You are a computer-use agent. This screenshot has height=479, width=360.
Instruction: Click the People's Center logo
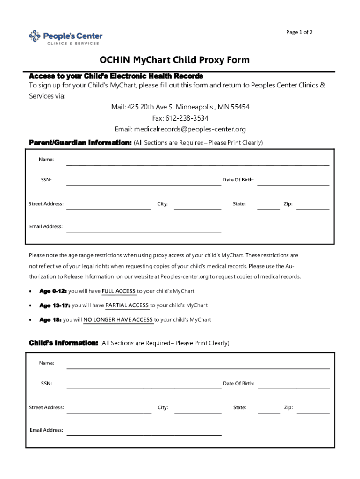[x=65, y=37]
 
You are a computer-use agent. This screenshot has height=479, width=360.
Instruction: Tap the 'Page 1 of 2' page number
[x=299, y=32]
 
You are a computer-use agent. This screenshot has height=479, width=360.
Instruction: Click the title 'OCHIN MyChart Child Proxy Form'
[x=174, y=60]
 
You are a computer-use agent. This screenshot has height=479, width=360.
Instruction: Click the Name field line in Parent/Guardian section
[x=197, y=164]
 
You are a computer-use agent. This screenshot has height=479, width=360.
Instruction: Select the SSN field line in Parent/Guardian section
[x=144, y=184]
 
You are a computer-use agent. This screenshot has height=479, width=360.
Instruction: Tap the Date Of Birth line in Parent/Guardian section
[x=293, y=184]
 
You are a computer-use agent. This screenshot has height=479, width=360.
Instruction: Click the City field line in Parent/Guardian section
[x=197, y=209]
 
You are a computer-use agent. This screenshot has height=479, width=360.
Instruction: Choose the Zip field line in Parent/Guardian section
[x=313, y=209]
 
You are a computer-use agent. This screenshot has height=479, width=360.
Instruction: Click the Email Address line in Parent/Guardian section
[x=144, y=231]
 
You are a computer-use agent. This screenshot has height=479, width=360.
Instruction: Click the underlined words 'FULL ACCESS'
[x=119, y=291]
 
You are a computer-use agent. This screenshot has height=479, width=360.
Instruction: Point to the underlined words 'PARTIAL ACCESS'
[x=127, y=305]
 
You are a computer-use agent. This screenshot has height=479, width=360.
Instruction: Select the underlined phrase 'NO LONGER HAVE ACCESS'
[x=118, y=320]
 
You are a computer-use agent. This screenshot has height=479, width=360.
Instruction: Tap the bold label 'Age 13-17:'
[x=55, y=305]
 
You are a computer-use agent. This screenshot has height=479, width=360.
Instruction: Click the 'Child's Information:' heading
[x=64, y=343]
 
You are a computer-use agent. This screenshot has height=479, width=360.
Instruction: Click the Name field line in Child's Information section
[x=198, y=368]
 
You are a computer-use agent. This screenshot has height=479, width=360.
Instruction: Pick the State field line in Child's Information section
[x=269, y=412]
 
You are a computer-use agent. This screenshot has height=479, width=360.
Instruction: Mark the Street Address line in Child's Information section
[x=109, y=412]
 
